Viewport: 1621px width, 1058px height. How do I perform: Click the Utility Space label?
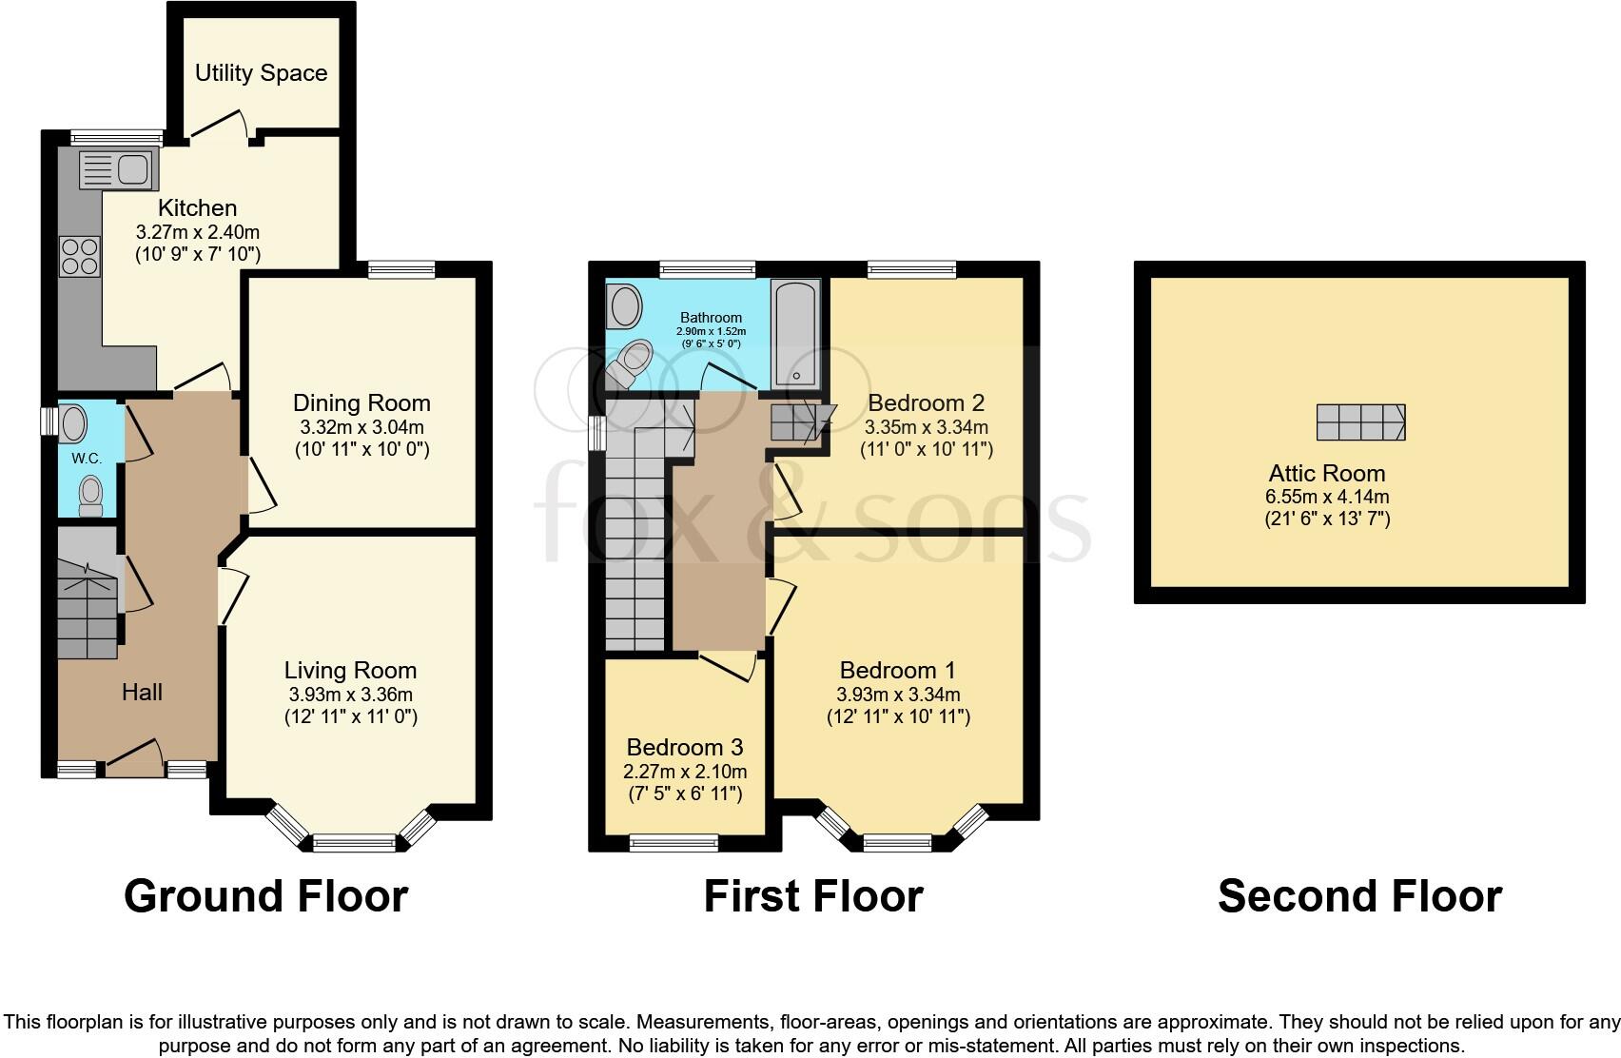tap(261, 73)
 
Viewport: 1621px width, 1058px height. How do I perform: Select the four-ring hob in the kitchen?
tap(79, 255)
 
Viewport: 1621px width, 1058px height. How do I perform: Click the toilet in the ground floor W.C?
tap(90, 495)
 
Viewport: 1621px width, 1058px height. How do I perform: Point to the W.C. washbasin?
tap(73, 422)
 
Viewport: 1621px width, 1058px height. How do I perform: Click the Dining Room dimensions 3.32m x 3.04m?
tap(361, 427)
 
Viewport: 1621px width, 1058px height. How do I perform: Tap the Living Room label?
tap(350, 671)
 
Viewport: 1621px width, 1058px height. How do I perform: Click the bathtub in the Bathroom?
tap(796, 333)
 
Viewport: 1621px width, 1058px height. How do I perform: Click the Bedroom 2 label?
tap(926, 402)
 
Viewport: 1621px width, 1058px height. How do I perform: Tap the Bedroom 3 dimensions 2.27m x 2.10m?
tap(685, 772)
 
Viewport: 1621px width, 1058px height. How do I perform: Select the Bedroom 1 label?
tap(897, 671)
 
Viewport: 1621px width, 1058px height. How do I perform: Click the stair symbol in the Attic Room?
tap(1360, 421)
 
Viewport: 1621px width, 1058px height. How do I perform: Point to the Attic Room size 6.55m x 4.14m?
tap(1327, 497)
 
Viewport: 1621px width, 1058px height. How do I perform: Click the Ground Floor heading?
tap(265, 896)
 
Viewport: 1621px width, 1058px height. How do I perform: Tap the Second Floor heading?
tap(1359, 896)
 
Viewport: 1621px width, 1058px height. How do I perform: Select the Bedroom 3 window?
tap(674, 842)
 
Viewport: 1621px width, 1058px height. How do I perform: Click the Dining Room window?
tap(401, 270)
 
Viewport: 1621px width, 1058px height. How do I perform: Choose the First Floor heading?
tap(812, 896)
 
